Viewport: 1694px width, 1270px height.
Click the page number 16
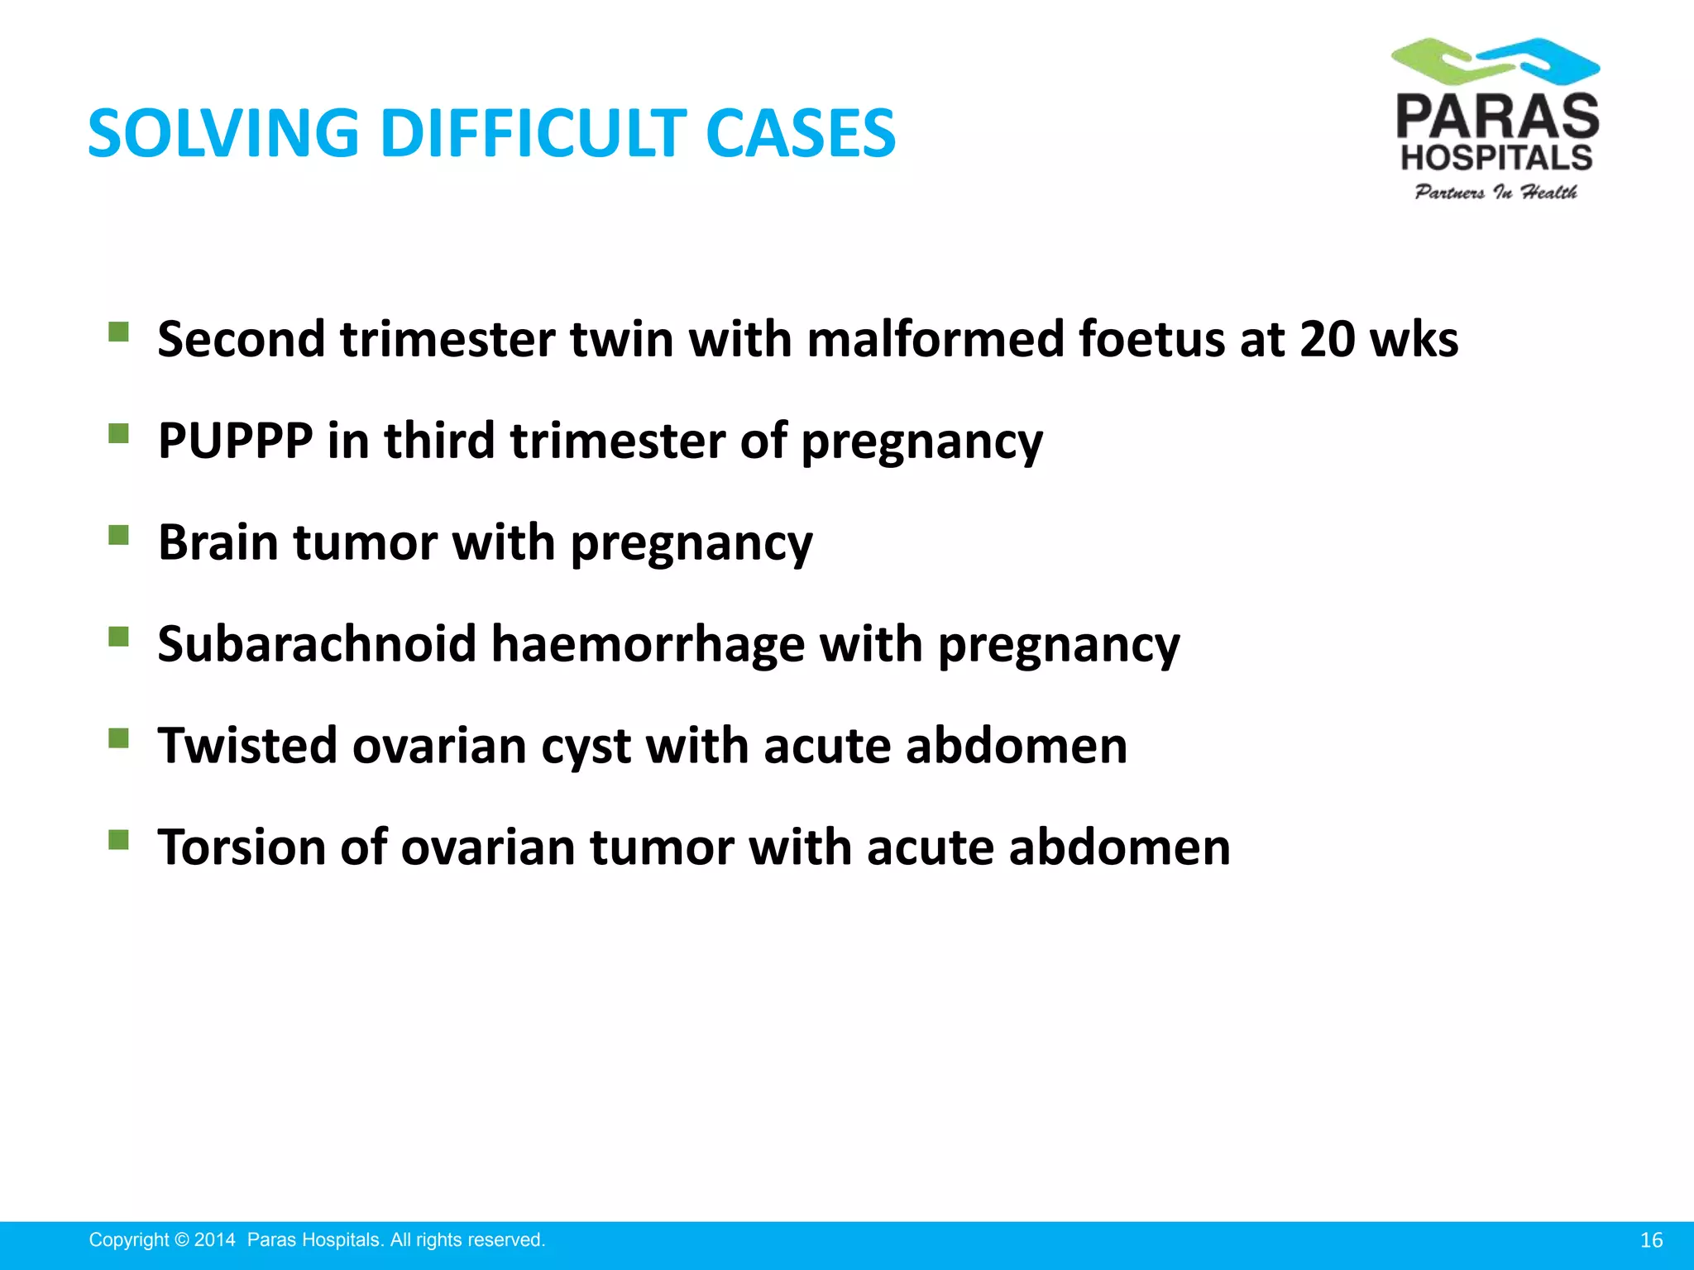[1651, 1240]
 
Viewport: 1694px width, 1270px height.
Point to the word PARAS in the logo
[1497, 117]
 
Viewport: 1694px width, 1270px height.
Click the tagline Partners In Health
[1495, 193]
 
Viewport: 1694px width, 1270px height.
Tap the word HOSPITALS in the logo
[1496, 157]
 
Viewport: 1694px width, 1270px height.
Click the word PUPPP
[235, 441]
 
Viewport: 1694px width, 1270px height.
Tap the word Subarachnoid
[317, 644]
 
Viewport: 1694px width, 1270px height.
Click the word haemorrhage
[648, 644]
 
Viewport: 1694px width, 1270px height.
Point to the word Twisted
[247, 746]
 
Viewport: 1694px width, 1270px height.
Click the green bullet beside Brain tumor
[119, 536]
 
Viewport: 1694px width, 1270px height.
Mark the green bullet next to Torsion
[119, 841]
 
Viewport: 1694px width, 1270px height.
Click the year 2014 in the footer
[215, 1240]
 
